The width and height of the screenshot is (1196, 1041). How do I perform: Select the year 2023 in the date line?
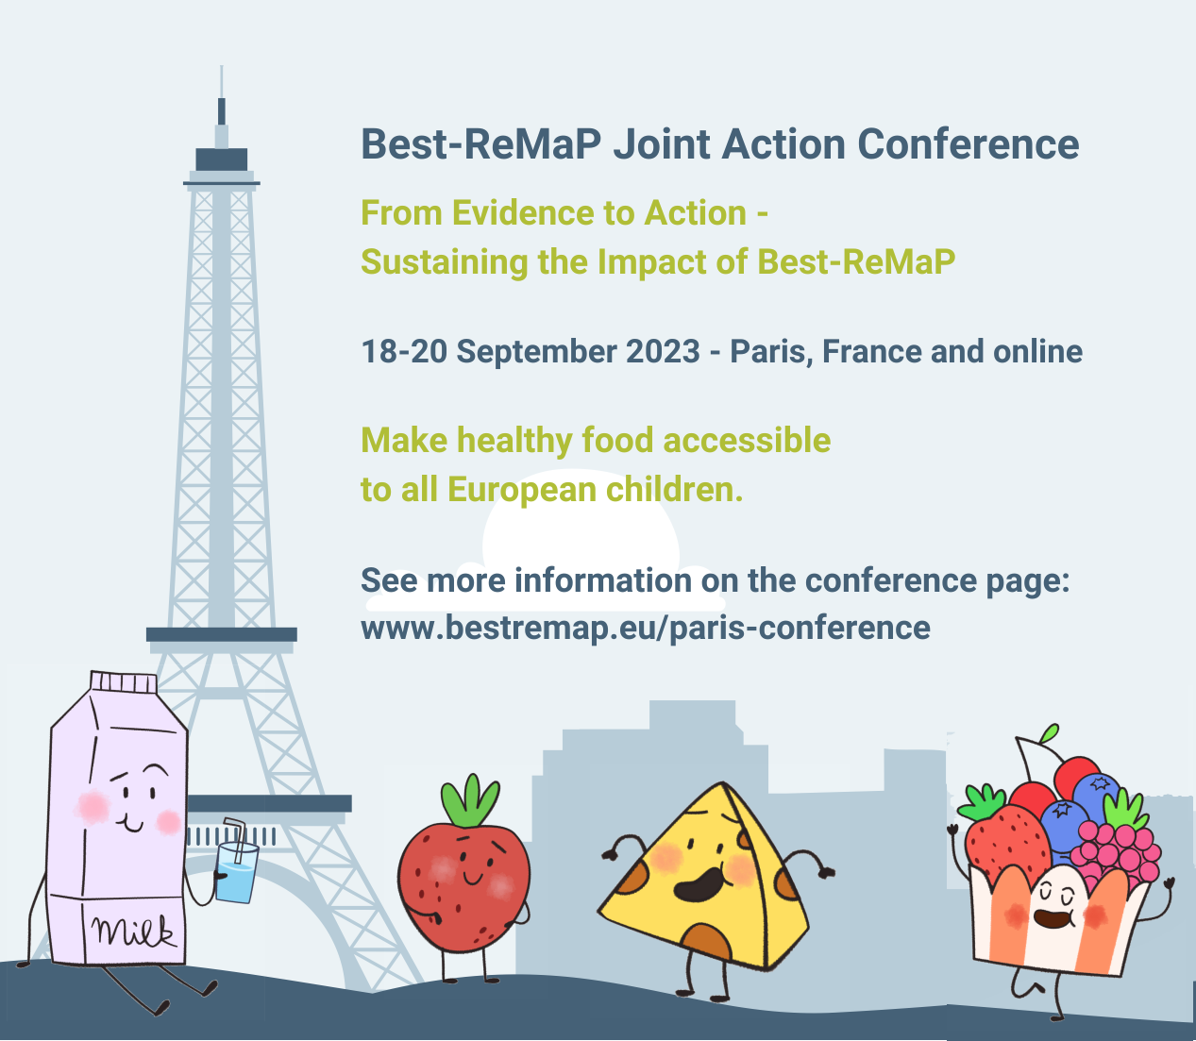coord(663,351)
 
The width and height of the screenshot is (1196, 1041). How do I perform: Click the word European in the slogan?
coord(521,490)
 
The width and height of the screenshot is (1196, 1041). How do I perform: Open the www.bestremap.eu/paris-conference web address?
coord(646,629)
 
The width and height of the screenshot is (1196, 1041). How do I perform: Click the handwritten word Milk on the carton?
coord(133,932)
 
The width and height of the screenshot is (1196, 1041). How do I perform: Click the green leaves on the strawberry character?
coord(469,800)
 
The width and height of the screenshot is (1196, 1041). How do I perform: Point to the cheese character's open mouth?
coord(699,883)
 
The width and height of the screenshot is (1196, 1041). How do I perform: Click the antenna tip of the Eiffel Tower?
coord(222,66)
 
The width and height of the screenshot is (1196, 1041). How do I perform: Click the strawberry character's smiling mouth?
coord(472,878)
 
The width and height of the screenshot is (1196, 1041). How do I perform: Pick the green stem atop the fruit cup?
coord(1051,733)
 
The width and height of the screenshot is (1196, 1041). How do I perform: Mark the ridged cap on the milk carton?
coord(124,681)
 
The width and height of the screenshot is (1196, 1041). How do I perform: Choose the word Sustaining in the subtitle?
coord(445,261)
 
